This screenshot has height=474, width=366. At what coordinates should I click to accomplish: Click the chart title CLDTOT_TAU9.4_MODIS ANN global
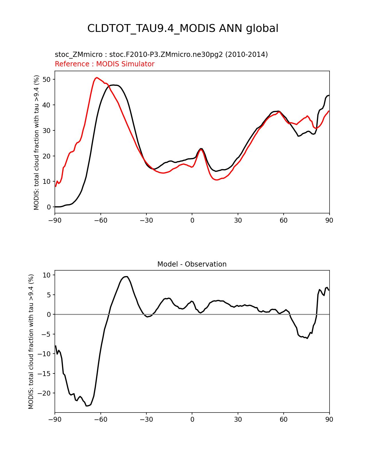(x=183, y=28)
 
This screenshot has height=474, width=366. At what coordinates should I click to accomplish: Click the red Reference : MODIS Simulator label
(x=104, y=64)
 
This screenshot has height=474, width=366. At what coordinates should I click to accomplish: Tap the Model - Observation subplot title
(x=192, y=264)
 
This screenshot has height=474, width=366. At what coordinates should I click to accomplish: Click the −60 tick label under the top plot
(x=100, y=220)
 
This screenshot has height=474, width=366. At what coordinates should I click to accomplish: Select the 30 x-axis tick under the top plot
(x=238, y=220)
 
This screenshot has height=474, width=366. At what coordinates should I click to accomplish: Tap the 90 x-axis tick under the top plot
(x=329, y=220)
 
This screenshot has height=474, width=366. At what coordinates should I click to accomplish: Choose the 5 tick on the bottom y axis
(x=49, y=295)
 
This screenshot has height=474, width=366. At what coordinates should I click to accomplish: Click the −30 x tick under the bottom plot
(x=146, y=419)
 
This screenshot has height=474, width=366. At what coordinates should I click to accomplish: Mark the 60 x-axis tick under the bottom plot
(x=284, y=419)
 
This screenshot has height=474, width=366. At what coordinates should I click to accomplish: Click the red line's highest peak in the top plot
(x=97, y=78)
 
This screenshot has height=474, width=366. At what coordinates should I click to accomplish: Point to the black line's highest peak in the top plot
(x=114, y=85)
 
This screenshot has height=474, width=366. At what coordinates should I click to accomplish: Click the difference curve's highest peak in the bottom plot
(x=126, y=277)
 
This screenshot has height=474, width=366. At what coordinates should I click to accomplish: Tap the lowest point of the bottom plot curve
(x=87, y=406)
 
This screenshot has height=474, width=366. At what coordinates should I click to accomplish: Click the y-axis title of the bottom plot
(x=31, y=341)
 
